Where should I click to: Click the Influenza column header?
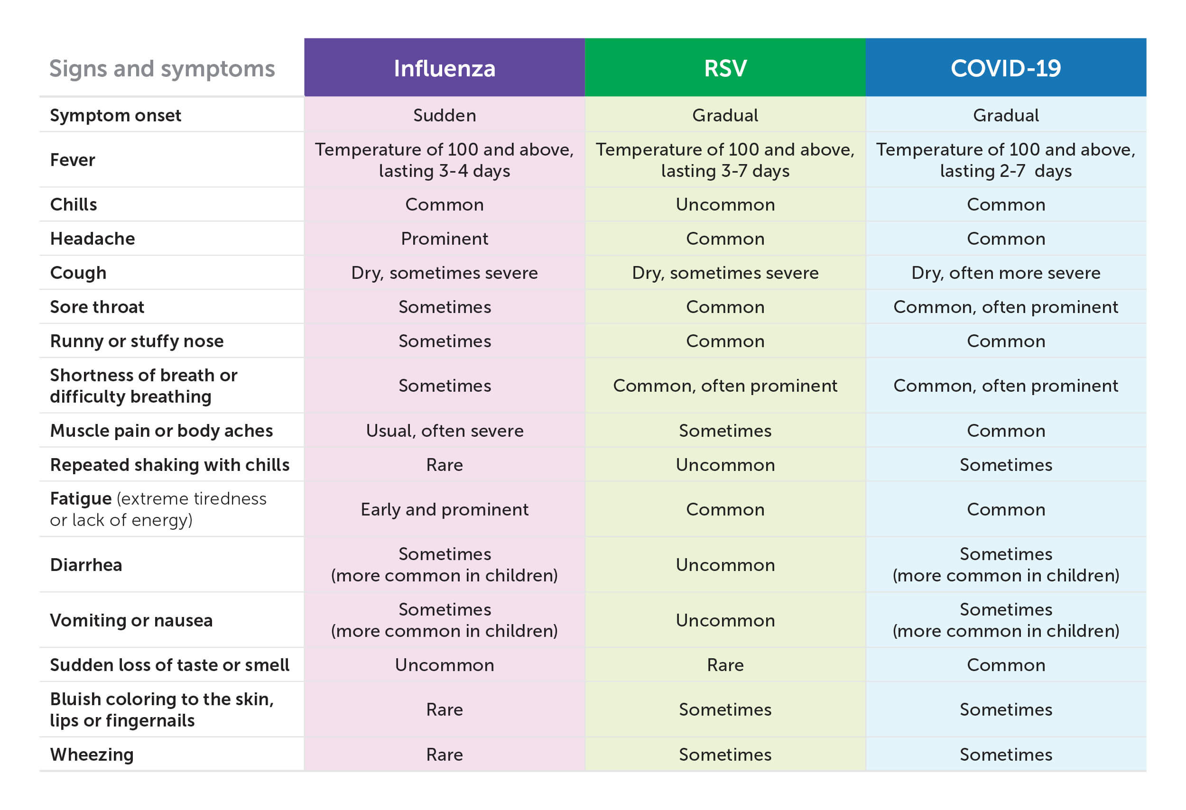coord(444,68)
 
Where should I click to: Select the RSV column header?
coord(725,68)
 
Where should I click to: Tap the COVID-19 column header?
coord(1005,68)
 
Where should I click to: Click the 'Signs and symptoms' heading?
coord(162,68)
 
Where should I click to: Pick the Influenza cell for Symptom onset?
coord(444,115)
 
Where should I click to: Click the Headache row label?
coord(93,239)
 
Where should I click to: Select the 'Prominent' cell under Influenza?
coord(444,239)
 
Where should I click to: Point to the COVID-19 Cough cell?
coord(1005,273)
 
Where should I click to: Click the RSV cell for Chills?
coord(725,204)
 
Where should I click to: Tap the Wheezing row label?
coord(92,755)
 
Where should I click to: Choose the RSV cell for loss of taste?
coord(725,665)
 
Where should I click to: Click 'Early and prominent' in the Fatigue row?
coord(444,509)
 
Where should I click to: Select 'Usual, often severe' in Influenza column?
coord(444,431)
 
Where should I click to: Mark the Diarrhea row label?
coord(86,565)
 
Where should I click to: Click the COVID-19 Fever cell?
coord(1005,160)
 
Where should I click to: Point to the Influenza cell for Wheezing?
coord(444,755)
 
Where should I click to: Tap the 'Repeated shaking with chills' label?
coord(169,465)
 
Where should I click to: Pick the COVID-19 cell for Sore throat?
coord(1005,307)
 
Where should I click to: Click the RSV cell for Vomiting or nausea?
coord(725,621)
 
